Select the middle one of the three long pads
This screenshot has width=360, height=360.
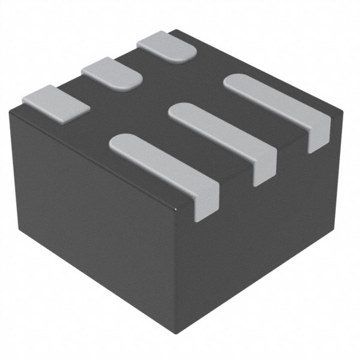[222, 134]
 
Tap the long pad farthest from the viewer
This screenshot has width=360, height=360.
[276, 105]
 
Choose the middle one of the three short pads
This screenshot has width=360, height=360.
[112, 73]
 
